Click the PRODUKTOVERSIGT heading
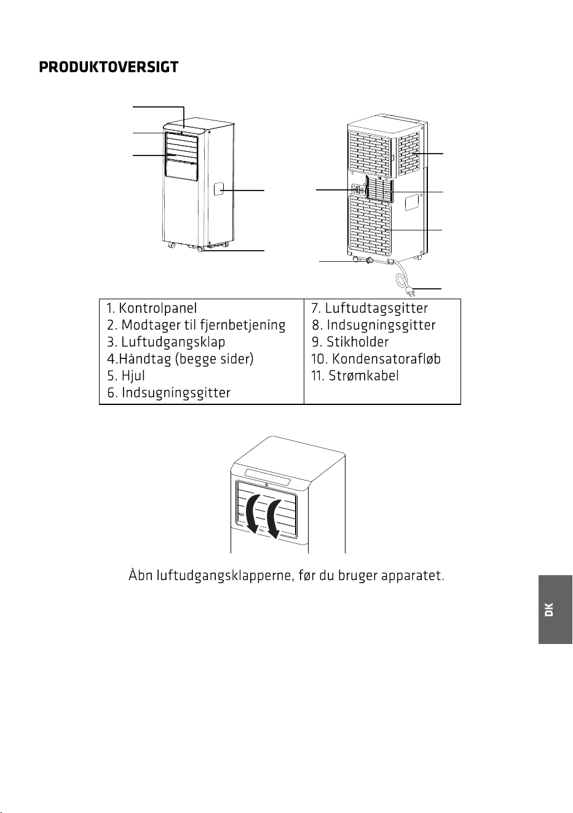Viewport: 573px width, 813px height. (109, 67)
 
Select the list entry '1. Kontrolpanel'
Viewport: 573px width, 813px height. (152, 308)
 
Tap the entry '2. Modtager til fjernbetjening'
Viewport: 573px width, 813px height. (196, 325)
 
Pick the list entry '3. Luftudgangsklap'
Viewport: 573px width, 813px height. (166, 342)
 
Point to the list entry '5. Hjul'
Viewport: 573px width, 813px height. (126, 375)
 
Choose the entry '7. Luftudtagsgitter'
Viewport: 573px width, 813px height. (369, 308)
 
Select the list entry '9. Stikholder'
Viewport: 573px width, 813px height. (350, 342)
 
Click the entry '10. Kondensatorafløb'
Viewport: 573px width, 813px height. (376, 359)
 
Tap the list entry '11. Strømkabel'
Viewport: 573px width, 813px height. (355, 375)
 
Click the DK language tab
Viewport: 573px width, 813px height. (555, 610)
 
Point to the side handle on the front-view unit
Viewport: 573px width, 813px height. (218, 189)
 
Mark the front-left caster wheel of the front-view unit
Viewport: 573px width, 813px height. (171, 245)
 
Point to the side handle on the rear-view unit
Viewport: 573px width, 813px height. (412, 203)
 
